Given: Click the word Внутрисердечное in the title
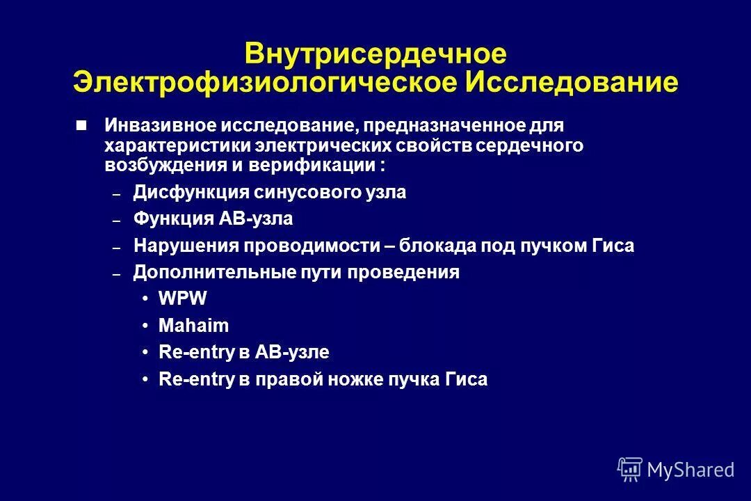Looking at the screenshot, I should tap(375, 54).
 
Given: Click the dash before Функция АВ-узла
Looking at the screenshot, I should tap(117, 221).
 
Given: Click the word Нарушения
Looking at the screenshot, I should tap(184, 246).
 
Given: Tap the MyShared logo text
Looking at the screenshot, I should tap(690, 470).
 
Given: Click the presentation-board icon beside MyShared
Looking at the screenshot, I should tap(630, 468).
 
